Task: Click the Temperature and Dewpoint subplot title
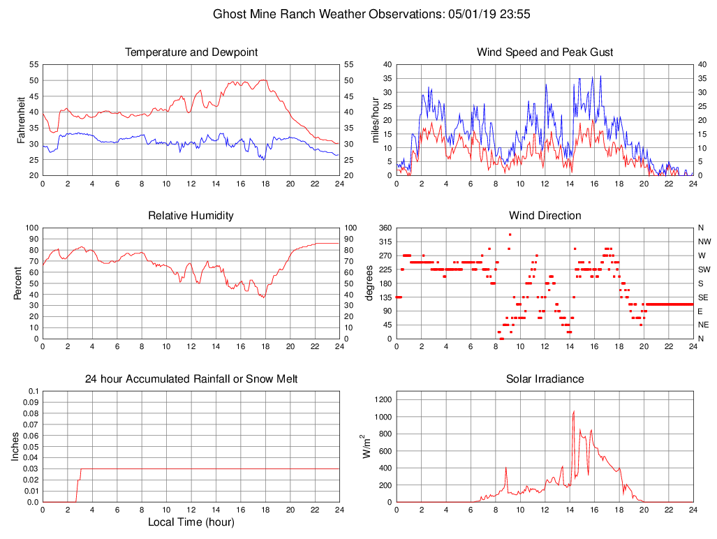tap(191, 52)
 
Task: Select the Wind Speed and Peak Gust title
tap(545, 52)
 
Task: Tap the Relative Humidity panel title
tap(191, 216)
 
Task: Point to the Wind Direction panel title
tap(545, 216)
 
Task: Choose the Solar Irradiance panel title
tap(545, 379)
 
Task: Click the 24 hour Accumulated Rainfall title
tap(191, 379)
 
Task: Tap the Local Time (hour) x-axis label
tap(191, 522)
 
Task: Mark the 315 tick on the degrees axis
tap(385, 242)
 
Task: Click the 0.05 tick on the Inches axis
tap(31, 447)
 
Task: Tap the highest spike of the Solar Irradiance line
tap(574, 412)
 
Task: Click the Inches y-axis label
tap(15, 447)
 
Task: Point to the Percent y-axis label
tap(18, 283)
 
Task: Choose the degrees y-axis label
tap(369, 283)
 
